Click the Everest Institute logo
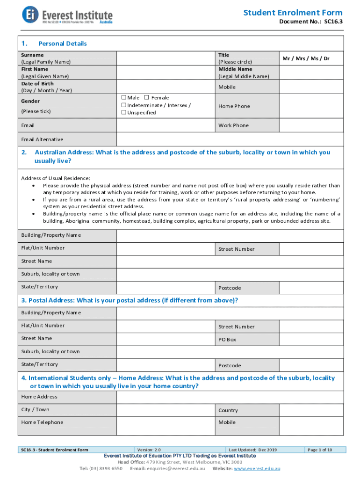coord(67,15)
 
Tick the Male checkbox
coord(124,97)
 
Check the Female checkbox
coord(146,97)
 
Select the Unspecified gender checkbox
coord(124,112)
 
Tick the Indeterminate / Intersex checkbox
coord(124,105)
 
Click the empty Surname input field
coord(166,58)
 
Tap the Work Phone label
coord(234,125)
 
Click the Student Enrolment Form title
coord(293,13)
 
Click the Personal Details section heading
coord(63,44)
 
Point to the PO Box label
coord(227,340)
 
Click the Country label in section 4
coord(228,410)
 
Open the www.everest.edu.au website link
coord(257,468)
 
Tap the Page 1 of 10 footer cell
coord(319,450)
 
